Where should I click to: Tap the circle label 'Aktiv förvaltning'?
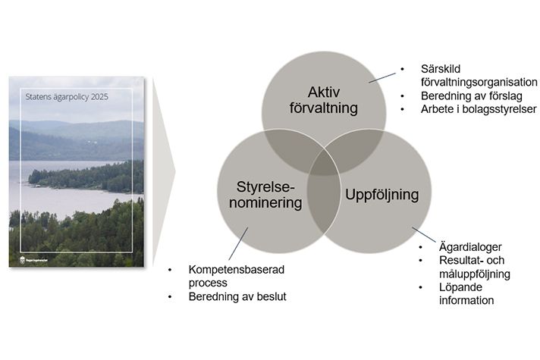pos(328,100)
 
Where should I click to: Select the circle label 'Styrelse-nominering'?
pos(260,194)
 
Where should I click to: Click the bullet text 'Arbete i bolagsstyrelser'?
pos(479,109)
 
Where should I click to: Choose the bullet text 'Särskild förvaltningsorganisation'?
pos(479,76)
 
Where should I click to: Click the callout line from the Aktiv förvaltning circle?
pos(383,76)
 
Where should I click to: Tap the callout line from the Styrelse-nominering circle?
pos(237,243)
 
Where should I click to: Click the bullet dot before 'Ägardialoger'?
pos(422,248)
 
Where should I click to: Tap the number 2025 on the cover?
pos(98,97)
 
